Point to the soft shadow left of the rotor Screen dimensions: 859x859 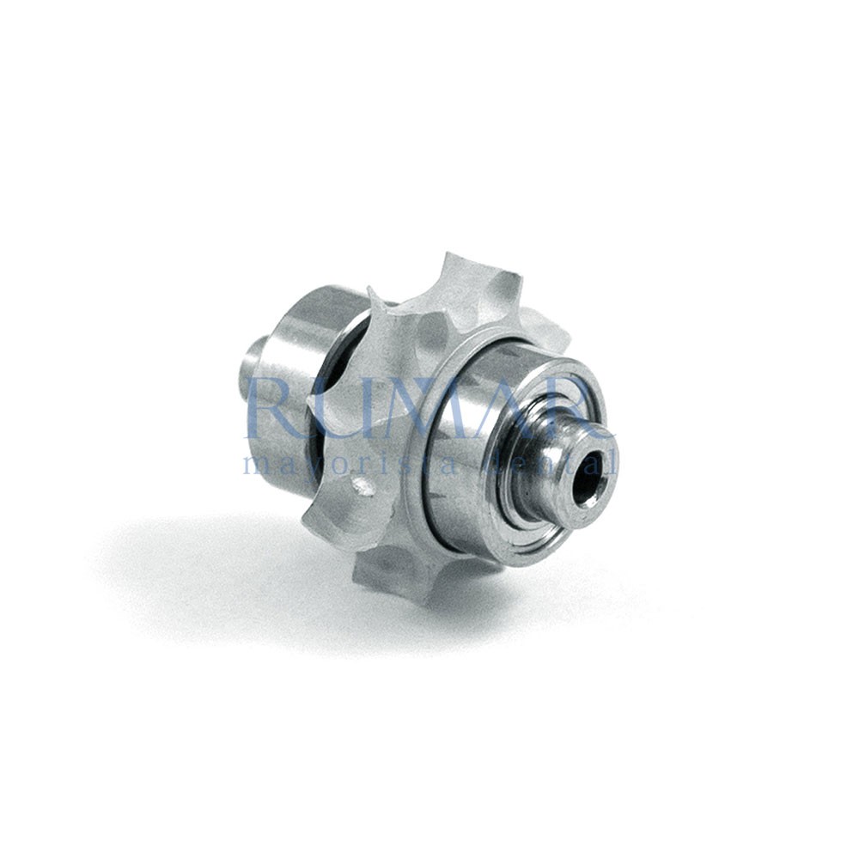coord(198,550)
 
